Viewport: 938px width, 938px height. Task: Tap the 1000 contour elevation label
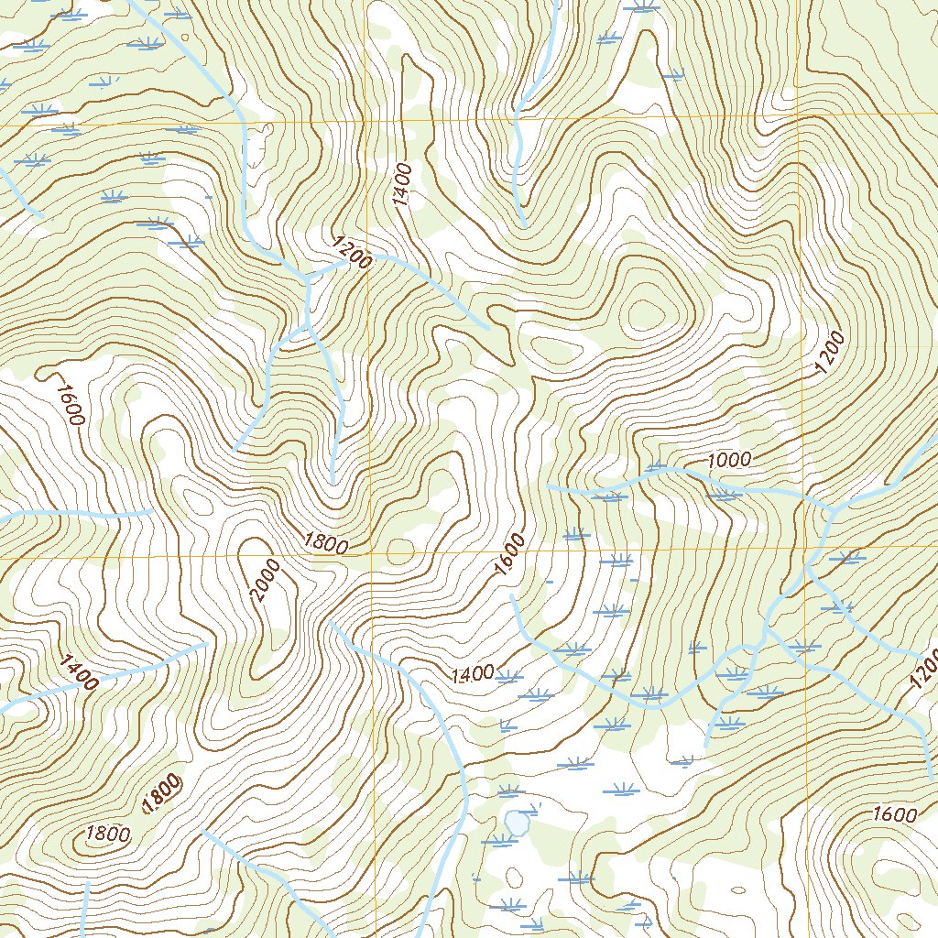click(729, 460)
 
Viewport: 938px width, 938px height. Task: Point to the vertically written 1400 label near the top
click(403, 185)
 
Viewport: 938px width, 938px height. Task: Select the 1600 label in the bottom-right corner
click(895, 814)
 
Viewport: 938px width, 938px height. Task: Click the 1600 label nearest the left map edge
click(69, 404)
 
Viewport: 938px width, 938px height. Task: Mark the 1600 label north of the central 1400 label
click(510, 555)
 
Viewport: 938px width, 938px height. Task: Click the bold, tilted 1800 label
click(161, 793)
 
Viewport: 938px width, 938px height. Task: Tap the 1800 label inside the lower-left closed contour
click(108, 834)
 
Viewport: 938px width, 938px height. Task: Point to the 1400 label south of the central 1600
click(473, 675)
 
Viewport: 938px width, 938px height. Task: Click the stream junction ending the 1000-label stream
click(830, 507)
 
